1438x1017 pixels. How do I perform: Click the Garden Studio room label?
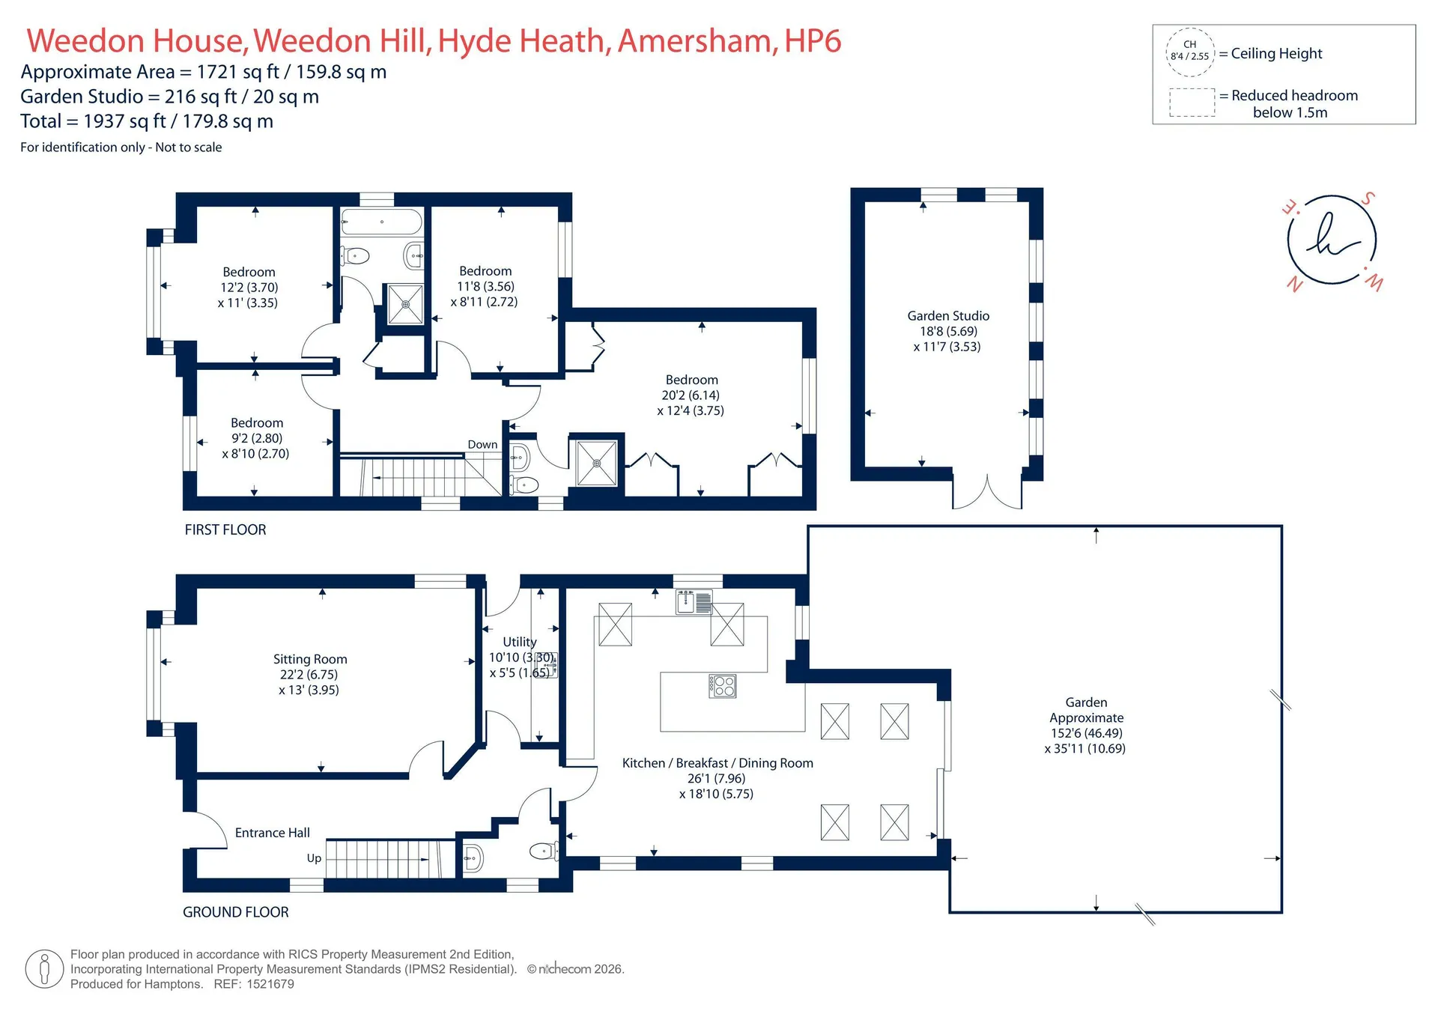pyautogui.click(x=948, y=316)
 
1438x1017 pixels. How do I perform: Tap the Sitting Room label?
pyautogui.click(x=310, y=659)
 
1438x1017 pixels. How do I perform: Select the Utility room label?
pyautogui.click(x=520, y=642)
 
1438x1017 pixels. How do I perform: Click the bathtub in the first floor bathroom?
pyautogui.click(x=382, y=222)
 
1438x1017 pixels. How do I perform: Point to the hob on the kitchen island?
pyautogui.click(x=723, y=686)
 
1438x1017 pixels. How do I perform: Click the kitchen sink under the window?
pyautogui.click(x=694, y=602)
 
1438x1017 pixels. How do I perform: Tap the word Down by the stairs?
pyautogui.click(x=482, y=444)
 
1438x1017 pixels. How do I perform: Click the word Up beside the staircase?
pyautogui.click(x=314, y=858)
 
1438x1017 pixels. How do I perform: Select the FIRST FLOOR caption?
pyautogui.click(x=225, y=529)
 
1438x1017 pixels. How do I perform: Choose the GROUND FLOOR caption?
pyautogui.click(x=236, y=912)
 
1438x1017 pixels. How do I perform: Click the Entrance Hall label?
pyautogui.click(x=273, y=833)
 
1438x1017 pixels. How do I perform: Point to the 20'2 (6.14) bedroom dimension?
pyautogui.click(x=691, y=395)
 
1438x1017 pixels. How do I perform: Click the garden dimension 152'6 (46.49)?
pyautogui.click(x=1087, y=733)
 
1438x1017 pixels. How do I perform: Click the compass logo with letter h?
pyautogui.click(x=1332, y=240)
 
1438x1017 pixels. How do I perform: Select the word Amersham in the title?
pyautogui.click(x=697, y=41)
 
